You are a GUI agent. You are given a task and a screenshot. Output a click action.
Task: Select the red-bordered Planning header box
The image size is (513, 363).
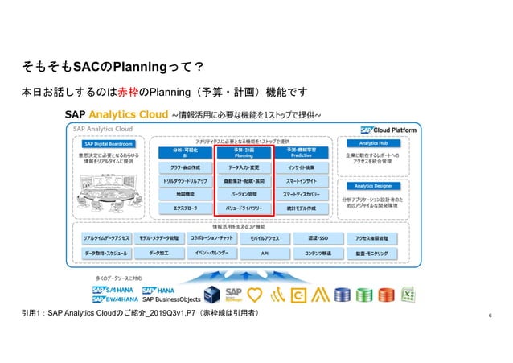tap(242, 153)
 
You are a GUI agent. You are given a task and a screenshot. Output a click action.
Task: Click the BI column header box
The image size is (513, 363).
tap(184, 153)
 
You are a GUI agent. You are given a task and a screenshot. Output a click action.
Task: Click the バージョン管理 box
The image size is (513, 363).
tap(242, 194)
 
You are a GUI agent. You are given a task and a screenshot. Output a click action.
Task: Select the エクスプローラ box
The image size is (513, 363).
tap(184, 208)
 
